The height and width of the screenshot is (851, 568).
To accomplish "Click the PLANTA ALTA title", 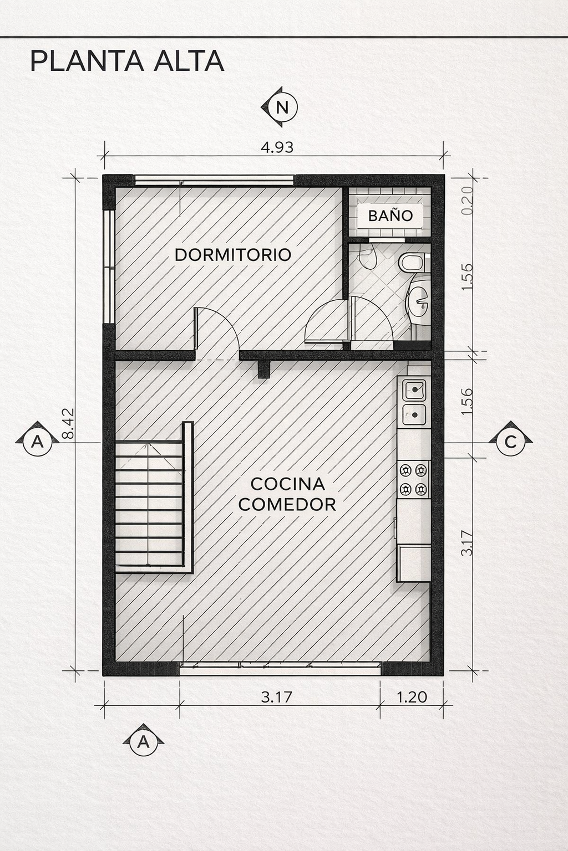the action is (127, 61).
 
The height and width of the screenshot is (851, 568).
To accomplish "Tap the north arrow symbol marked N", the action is (280, 107).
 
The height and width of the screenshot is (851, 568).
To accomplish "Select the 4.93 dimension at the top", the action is (277, 147).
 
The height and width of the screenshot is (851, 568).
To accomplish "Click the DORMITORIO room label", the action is (233, 254).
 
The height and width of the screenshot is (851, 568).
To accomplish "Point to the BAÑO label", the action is (390, 216).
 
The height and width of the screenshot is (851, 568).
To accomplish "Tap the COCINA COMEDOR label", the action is (288, 494).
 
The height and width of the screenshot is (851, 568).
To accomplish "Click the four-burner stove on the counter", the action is (413, 479).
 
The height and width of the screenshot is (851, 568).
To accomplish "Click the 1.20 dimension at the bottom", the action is (412, 697).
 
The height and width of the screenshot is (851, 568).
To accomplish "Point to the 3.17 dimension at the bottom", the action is (277, 697).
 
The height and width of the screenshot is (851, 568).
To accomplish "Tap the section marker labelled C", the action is (511, 440).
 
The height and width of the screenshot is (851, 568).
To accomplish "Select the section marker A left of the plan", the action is (37, 440).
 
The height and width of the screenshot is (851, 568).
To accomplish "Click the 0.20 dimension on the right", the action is (467, 200).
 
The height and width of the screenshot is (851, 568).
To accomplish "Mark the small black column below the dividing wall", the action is (263, 370).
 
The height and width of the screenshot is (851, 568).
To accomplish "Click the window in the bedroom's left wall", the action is (110, 266).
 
